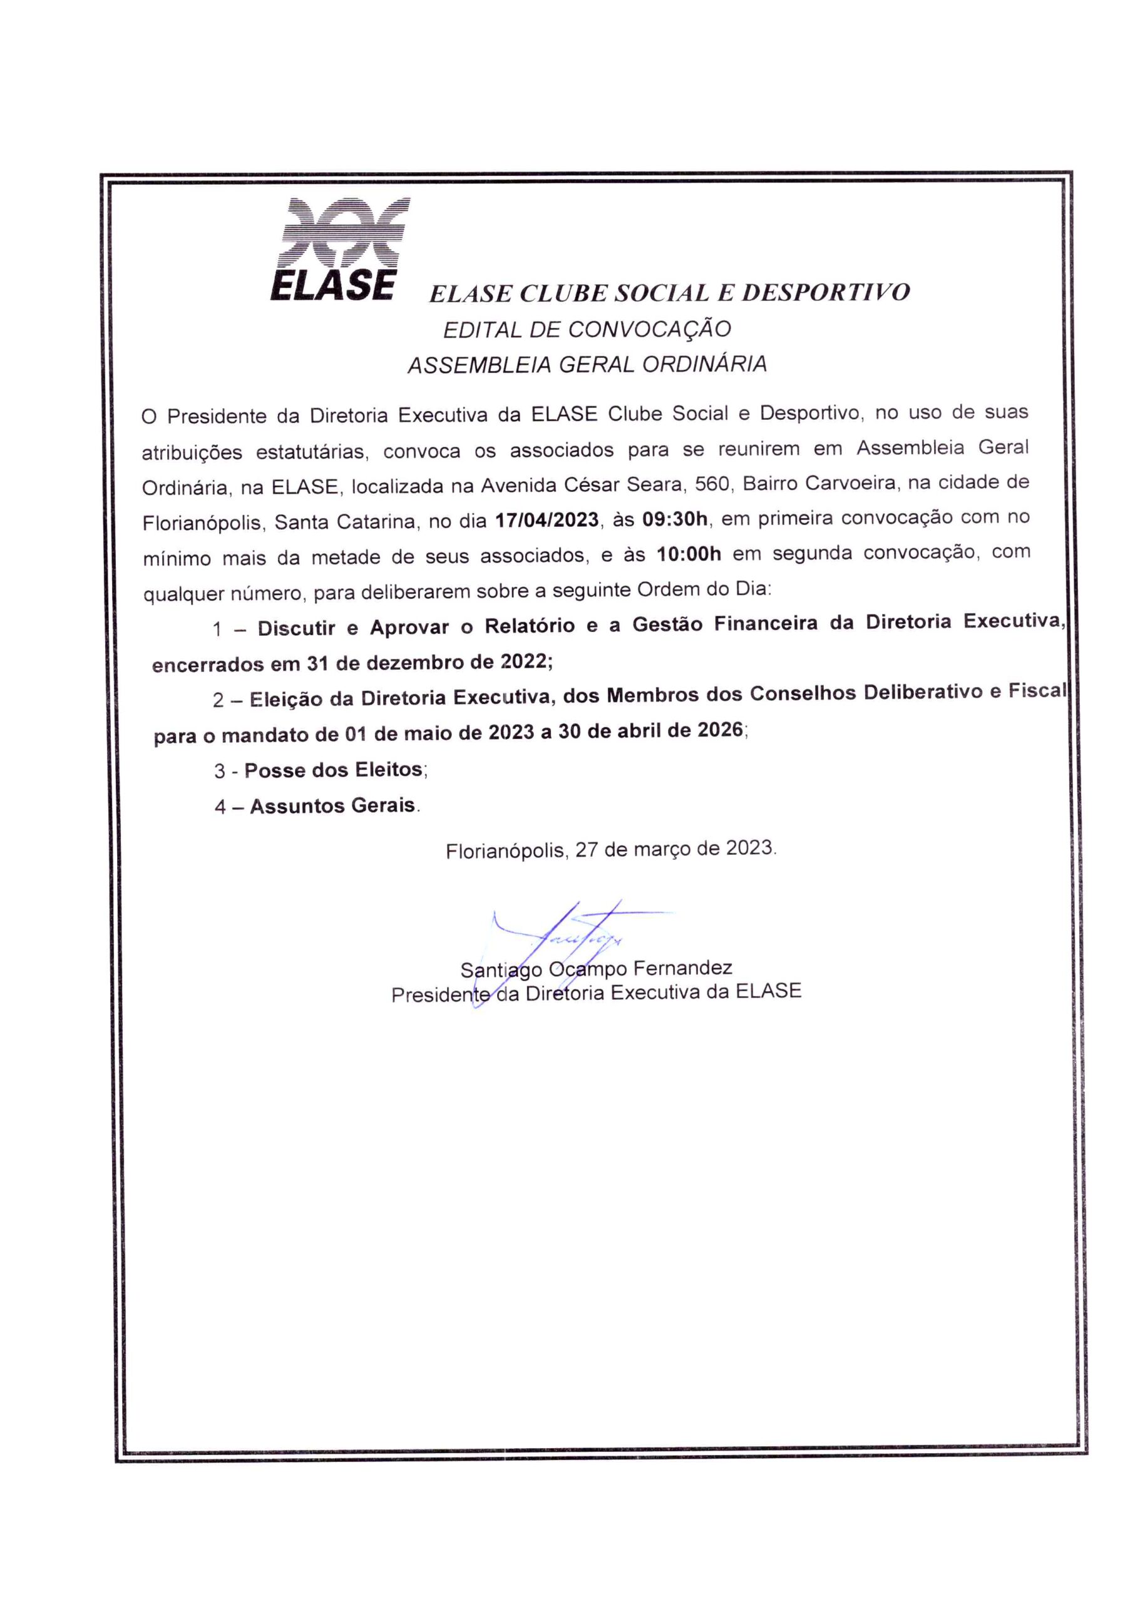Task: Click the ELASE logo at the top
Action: click(339, 250)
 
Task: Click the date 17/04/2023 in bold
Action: click(547, 520)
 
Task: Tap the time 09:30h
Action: click(674, 519)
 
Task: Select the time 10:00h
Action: click(689, 554)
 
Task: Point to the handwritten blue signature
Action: click(564, 937)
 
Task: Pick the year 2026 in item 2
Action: click(720, 730)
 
